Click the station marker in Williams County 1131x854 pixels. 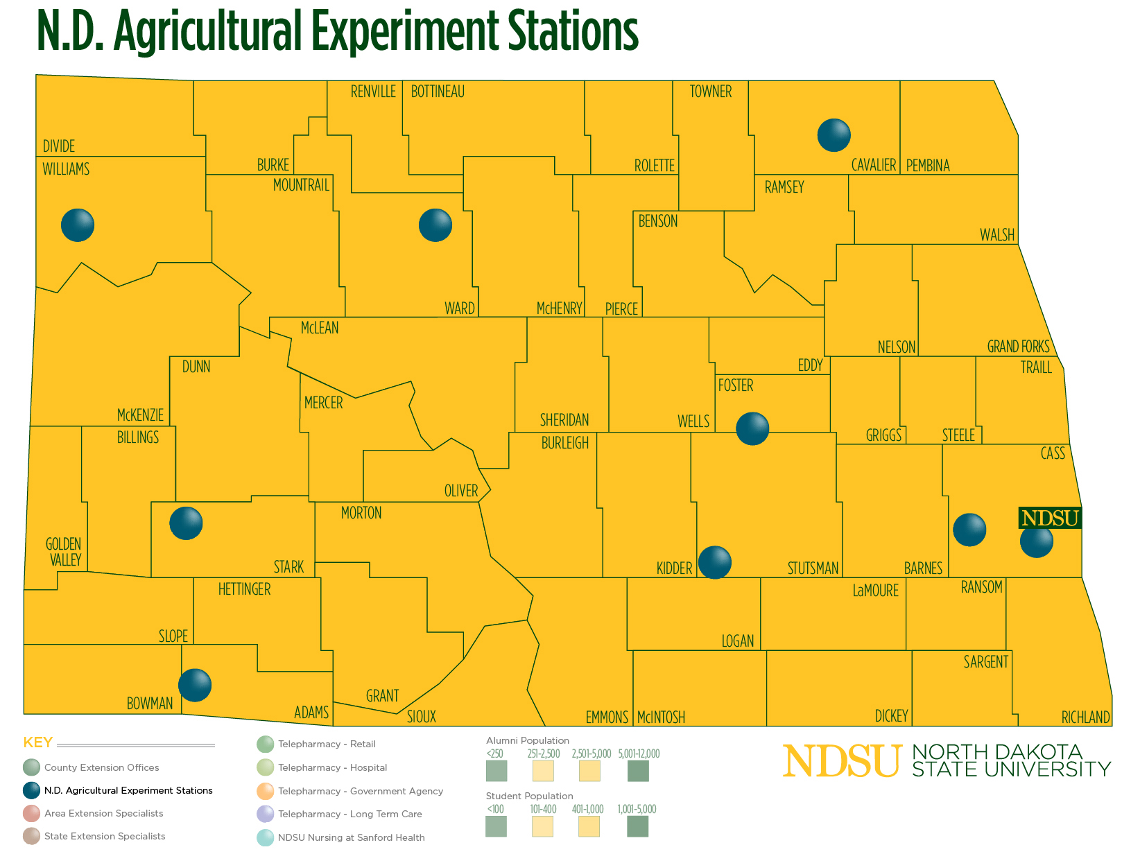pos(78,225)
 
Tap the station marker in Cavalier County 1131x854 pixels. pos(834,135)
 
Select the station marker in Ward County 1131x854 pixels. pos(435,225)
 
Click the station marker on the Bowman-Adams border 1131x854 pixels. pos(195,686)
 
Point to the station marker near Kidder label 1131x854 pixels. pos(715,562)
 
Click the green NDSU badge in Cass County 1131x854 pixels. pos(1050,518)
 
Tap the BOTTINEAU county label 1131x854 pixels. pos(438,91)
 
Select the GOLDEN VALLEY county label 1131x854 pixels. pos(64,552)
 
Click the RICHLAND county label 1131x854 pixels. pos(1085,717)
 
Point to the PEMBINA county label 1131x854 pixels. pos(928,166)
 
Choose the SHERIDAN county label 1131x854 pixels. pos(564,420)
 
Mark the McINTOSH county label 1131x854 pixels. pos(661,717)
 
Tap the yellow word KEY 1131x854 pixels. pos(38,743)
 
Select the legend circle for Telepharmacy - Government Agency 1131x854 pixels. pos(266,791)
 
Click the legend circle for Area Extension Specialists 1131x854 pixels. pos(31,813)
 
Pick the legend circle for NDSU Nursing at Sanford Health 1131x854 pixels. pos(266,837)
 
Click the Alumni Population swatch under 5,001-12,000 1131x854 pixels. pos(638,771)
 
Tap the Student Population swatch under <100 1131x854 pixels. pos(496,826)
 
